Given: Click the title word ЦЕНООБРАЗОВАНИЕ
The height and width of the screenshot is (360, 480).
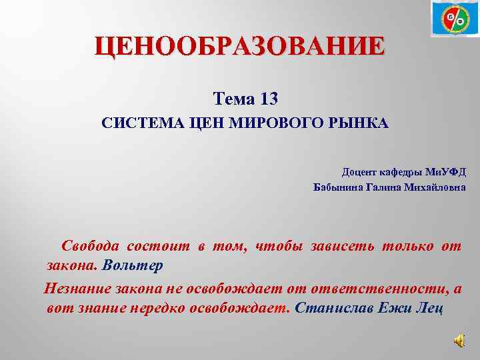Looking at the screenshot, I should click(239, 47).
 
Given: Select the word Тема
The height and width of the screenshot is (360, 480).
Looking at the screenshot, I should click(233, 99).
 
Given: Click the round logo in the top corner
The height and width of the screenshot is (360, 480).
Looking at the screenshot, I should click(455, 19).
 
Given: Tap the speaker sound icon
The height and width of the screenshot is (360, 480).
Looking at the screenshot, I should click(460, 341).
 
